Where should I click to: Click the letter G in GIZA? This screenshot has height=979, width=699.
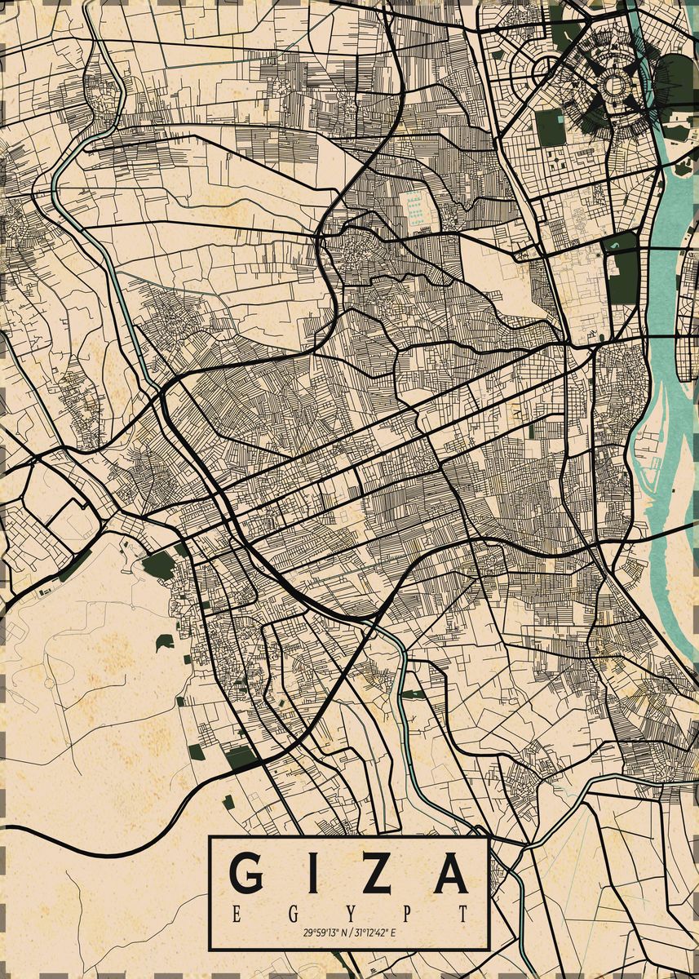click(248, 873)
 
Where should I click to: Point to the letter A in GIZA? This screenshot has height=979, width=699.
click(450, 873)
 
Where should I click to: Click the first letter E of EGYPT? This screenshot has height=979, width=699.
click(236, 912)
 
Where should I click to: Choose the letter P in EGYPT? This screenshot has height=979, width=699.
click(406, 912)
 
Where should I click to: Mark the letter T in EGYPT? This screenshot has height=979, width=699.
click(463, 912)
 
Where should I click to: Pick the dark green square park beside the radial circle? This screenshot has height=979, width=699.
click(551, 128)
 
